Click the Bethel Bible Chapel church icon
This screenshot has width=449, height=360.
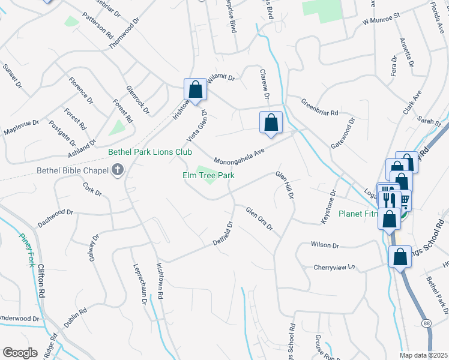pyautogui.click(x=118, y=170)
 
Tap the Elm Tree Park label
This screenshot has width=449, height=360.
pyautogui.click(x=208, y=175)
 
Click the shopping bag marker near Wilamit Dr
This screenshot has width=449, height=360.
pyautogui.click(x=195, y=90)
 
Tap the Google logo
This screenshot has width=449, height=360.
pyautogui.click(x=20, y=352)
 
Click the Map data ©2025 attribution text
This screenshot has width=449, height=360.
pyautogui.click(x=424, y=355)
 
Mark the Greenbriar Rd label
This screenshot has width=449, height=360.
pyautogui.click(x=320, y=107)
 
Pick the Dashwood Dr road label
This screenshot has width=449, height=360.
pyautogui.click(x=55, y=217)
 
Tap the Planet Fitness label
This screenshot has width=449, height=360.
pyautogui.click(x=359, y=213)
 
